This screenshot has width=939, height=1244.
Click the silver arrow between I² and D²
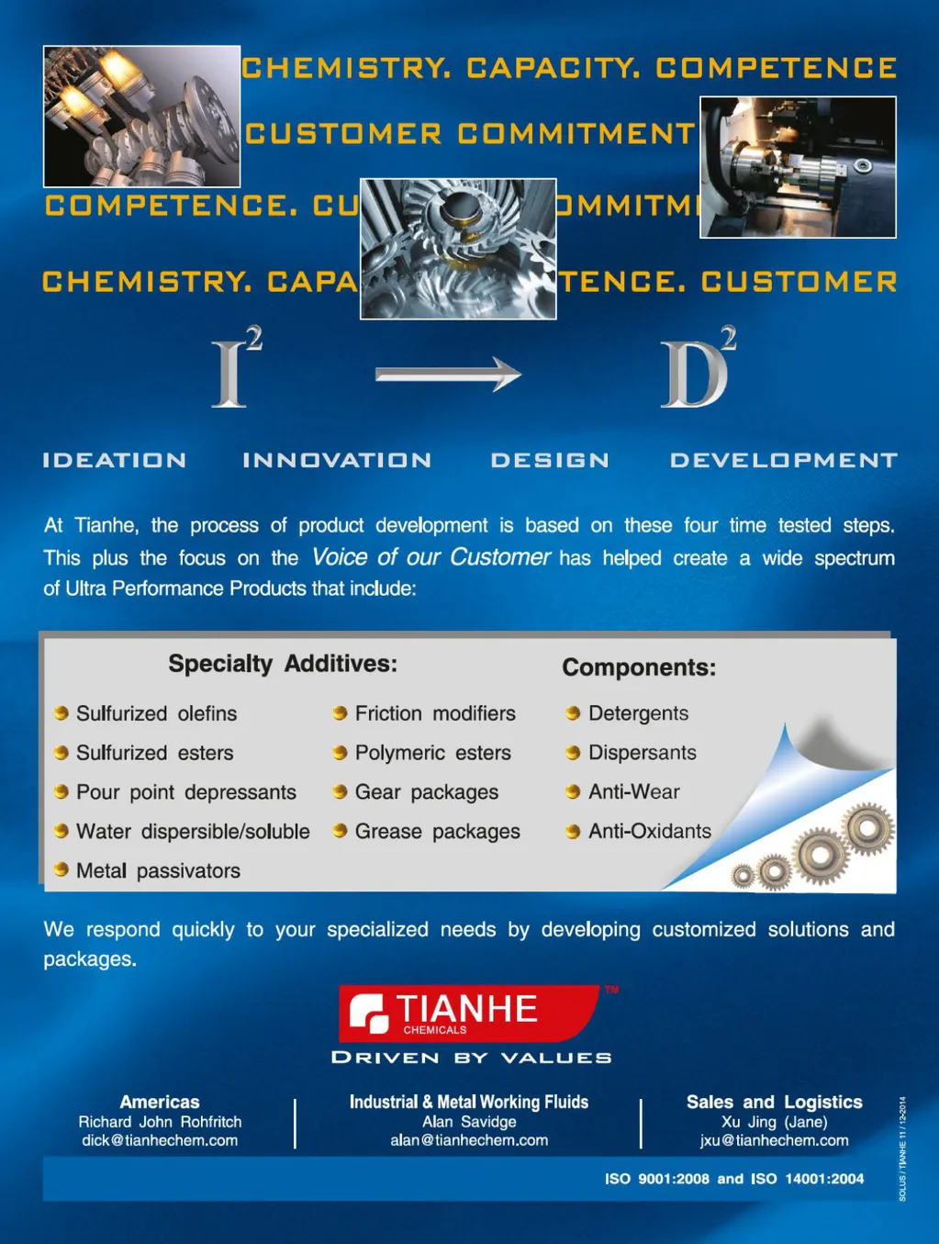448,374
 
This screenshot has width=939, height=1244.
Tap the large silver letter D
693,375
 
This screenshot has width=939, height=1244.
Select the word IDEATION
115,460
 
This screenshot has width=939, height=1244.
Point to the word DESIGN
550,460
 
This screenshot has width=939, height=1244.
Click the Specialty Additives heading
283,664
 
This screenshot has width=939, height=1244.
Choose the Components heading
639,667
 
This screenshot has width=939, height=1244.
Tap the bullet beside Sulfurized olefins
61,713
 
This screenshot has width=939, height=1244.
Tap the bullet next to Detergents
573,713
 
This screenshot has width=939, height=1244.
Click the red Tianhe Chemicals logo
469,1014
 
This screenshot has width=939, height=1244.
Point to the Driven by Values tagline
471,1058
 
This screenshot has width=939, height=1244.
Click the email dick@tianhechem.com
160,1140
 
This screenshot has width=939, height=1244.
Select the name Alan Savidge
469,1122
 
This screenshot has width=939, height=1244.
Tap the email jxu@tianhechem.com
774,1140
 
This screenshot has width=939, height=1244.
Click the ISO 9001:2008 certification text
656,1179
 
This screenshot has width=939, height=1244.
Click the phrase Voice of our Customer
430,557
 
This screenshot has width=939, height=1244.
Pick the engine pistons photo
141,117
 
